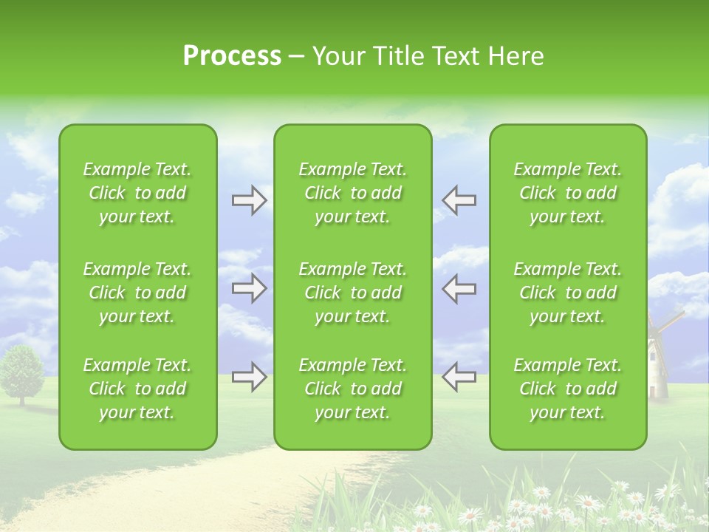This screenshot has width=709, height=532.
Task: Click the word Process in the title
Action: pos(232,56)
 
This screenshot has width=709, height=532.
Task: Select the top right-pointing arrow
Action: pos(249,199)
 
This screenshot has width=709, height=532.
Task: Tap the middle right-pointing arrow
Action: pos(249,288)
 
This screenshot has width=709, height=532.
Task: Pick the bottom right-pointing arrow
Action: pos(249,377)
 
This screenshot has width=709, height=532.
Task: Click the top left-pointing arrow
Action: pos(459,199)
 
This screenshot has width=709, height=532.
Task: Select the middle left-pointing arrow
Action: pos(459,288)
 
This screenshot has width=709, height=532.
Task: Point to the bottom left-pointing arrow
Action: pos(459,377)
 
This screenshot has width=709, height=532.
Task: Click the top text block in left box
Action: pos(137,193)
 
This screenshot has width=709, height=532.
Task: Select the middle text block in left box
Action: pos(137,293)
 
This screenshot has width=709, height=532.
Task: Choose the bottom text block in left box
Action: pos(137,389)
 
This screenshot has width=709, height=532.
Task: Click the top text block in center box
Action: pos(352,193)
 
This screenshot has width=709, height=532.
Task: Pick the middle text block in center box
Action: pos(352,293)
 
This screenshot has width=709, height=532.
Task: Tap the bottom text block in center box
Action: pos(352,389)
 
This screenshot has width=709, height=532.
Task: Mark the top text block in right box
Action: pos(567,193)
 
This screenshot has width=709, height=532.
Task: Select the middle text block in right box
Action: pos(567,293)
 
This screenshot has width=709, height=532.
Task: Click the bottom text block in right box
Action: pos(567,389)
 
